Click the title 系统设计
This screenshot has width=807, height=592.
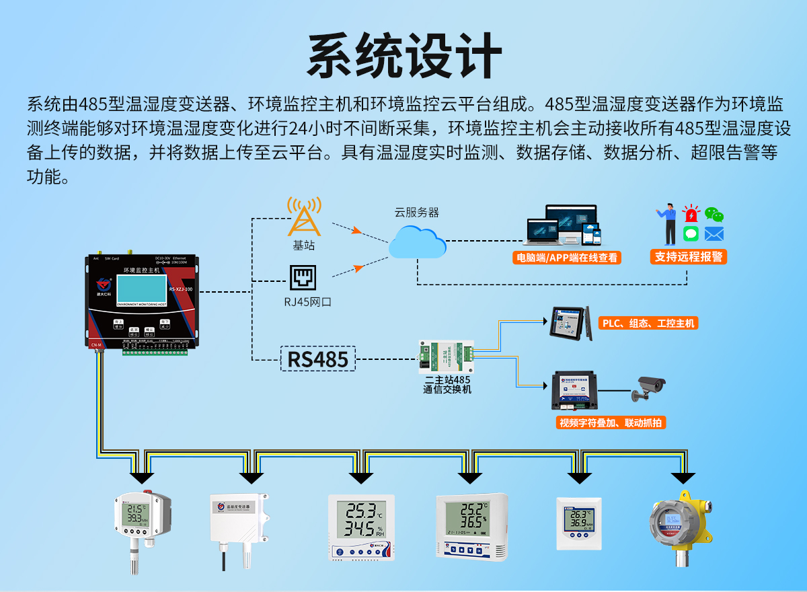point(403,55)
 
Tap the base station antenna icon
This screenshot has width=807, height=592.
point(304,217)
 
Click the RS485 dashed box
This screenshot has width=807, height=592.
point(318,359)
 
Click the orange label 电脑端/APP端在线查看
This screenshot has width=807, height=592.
point(566,257)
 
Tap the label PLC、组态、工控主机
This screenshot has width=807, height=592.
point(649,324)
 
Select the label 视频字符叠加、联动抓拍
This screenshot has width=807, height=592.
point(611,423)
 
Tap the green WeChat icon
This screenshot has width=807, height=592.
point(714,215)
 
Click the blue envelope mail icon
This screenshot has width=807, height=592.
point(714,234)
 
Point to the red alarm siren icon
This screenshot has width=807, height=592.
point(691,215)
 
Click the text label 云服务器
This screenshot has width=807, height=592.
point(416,212)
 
